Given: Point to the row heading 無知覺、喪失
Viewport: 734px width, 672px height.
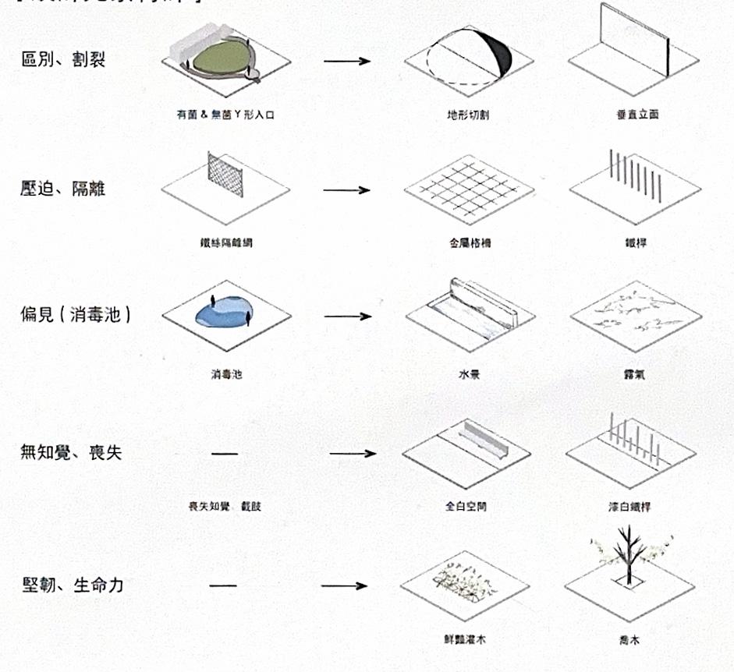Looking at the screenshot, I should tap(71, 453).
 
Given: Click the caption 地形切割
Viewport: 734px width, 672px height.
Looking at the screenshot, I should tap(468, 115).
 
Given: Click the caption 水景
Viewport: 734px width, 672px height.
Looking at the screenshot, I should tap(469, 375).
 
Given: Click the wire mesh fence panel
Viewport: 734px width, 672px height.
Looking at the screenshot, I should tap(227, 172).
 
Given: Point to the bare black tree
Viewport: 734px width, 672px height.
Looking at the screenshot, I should tap(626, 555).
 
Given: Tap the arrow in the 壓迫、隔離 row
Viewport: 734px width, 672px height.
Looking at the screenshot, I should tap(346, 190).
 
